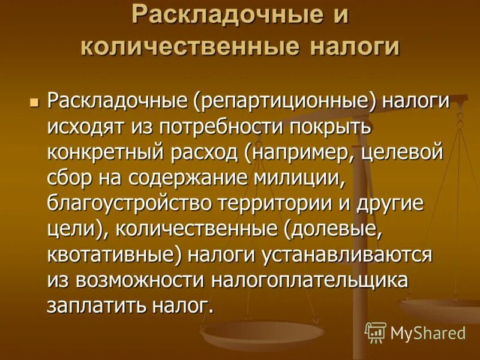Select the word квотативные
[x=112, y=254]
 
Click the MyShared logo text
[x=428, y=332]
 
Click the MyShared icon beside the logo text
[x=376, y=332]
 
